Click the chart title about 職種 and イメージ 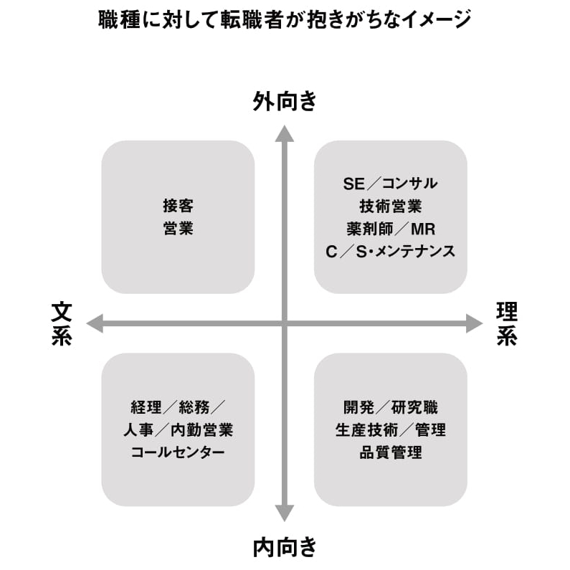coord(285,19)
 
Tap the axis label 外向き coord(285,100)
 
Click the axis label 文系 coord(62,323)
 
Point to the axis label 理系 coord(507,323)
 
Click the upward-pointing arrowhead coord(284,134)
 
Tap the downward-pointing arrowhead coord(284,513)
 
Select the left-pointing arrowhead coord(95,323)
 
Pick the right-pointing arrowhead coord(475,323)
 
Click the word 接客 coord(178,206)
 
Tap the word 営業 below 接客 coord(178,228)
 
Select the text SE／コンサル coord(391,184)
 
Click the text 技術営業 coord(391,206)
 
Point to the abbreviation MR coord(423,229)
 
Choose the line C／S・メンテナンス coord(391,252)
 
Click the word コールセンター coord(178,452)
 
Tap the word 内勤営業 coord(201,430)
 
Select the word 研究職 coord(414,407)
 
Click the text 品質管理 coord(391,452)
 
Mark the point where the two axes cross coord(284,323)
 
